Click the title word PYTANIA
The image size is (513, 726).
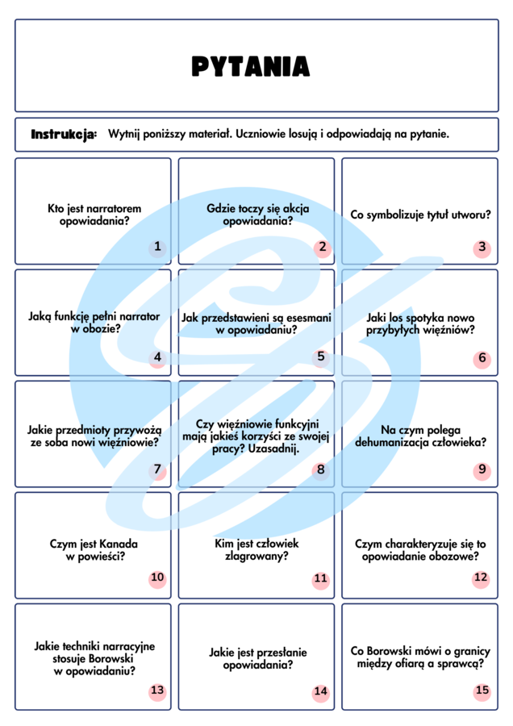pyautogui.click(x=251, y=66)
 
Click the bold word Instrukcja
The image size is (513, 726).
pyautogui.click(x=64, y=134)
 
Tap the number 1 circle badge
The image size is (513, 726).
pyautogui.click(x=157, y=247)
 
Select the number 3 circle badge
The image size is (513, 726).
pyautogui.click(x=482, y=247)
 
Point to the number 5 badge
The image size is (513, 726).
pyautogui.click(x=321, y=357)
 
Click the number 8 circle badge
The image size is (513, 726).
pyautogui.click(x=321, y=469)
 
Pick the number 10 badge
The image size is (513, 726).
pyautogui.click(x=157, y=578)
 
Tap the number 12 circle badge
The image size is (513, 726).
pyautogui.click(x=482, y=578)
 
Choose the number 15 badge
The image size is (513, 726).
pyautogui.click(x=482, y=691)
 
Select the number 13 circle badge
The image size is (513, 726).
pyautogui.click(x=157, y=691)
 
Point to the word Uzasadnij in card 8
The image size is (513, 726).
pyautogui.click(x=274, y=449)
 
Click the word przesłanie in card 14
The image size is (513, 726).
pyautogui.click(x=284, y=653)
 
